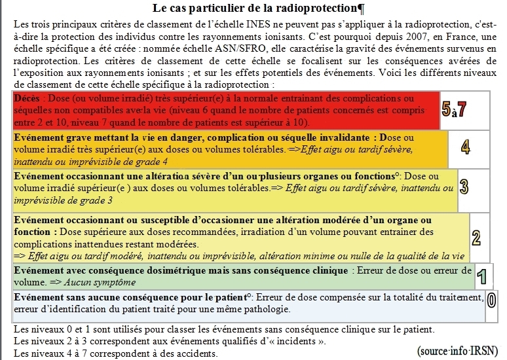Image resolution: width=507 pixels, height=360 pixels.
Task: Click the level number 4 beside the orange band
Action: tap(466, 147)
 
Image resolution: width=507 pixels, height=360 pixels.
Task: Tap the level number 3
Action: tap(464, 187)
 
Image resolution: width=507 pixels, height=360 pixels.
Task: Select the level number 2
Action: tap(476, 237)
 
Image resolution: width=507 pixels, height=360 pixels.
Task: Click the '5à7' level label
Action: tap(453, 110)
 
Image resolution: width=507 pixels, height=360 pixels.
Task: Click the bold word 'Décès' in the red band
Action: tap(27, 98)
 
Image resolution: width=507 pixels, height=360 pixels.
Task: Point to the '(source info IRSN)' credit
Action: tap(457, 350)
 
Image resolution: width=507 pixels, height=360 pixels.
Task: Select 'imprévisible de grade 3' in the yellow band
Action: tap(63, 200)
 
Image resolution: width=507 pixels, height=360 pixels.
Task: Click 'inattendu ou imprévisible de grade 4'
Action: tap(90, 161)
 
